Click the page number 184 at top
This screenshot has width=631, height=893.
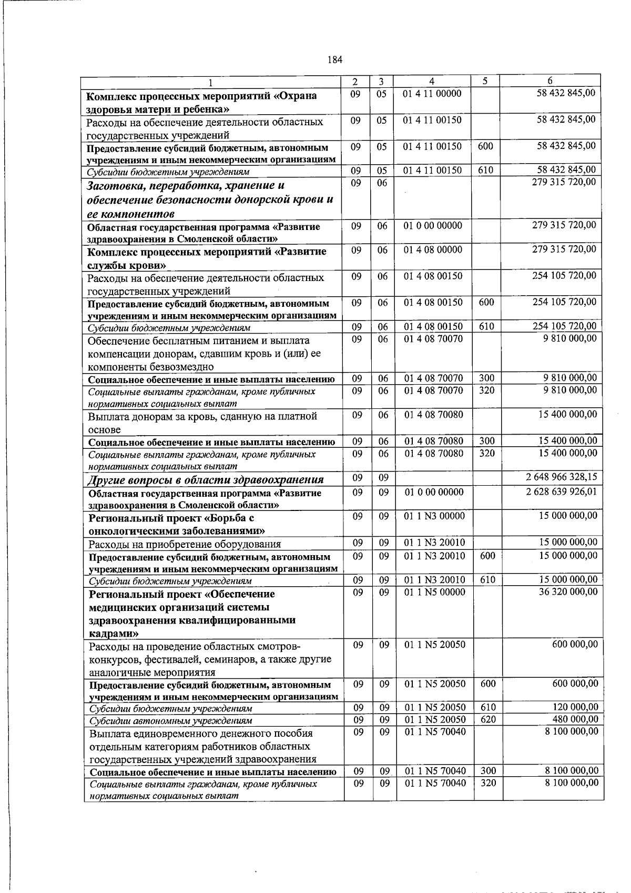click(x=335, y=60)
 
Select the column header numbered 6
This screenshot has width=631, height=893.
click(x=549, y=81)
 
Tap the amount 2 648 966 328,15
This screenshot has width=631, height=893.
click(x=562, y=477)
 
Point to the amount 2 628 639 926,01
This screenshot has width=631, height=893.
click(x=562, y=491)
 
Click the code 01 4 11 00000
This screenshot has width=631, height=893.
click(x=432, y=94)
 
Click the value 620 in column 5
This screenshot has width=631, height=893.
click(x=488, y=719)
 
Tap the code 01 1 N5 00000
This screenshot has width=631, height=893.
click(x=434, y=592)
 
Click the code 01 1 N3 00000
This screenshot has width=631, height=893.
click(x=434, y=516)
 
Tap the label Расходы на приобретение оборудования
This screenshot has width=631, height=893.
click(x=185, y=544)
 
